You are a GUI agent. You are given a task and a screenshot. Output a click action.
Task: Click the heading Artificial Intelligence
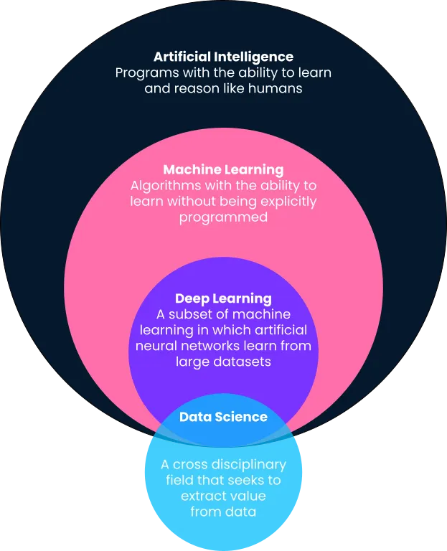click(x=224, y=57)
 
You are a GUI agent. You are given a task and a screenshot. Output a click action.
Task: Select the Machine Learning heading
click(x=224, y=170)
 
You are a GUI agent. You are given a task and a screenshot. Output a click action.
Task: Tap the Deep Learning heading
click(x=224, y=298)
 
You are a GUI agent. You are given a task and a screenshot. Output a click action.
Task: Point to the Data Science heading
click(x=224, y=417)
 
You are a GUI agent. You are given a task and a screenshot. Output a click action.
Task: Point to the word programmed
click(x=224, y=218)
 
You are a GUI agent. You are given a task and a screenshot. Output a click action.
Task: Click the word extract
click(x=200, y=496)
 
